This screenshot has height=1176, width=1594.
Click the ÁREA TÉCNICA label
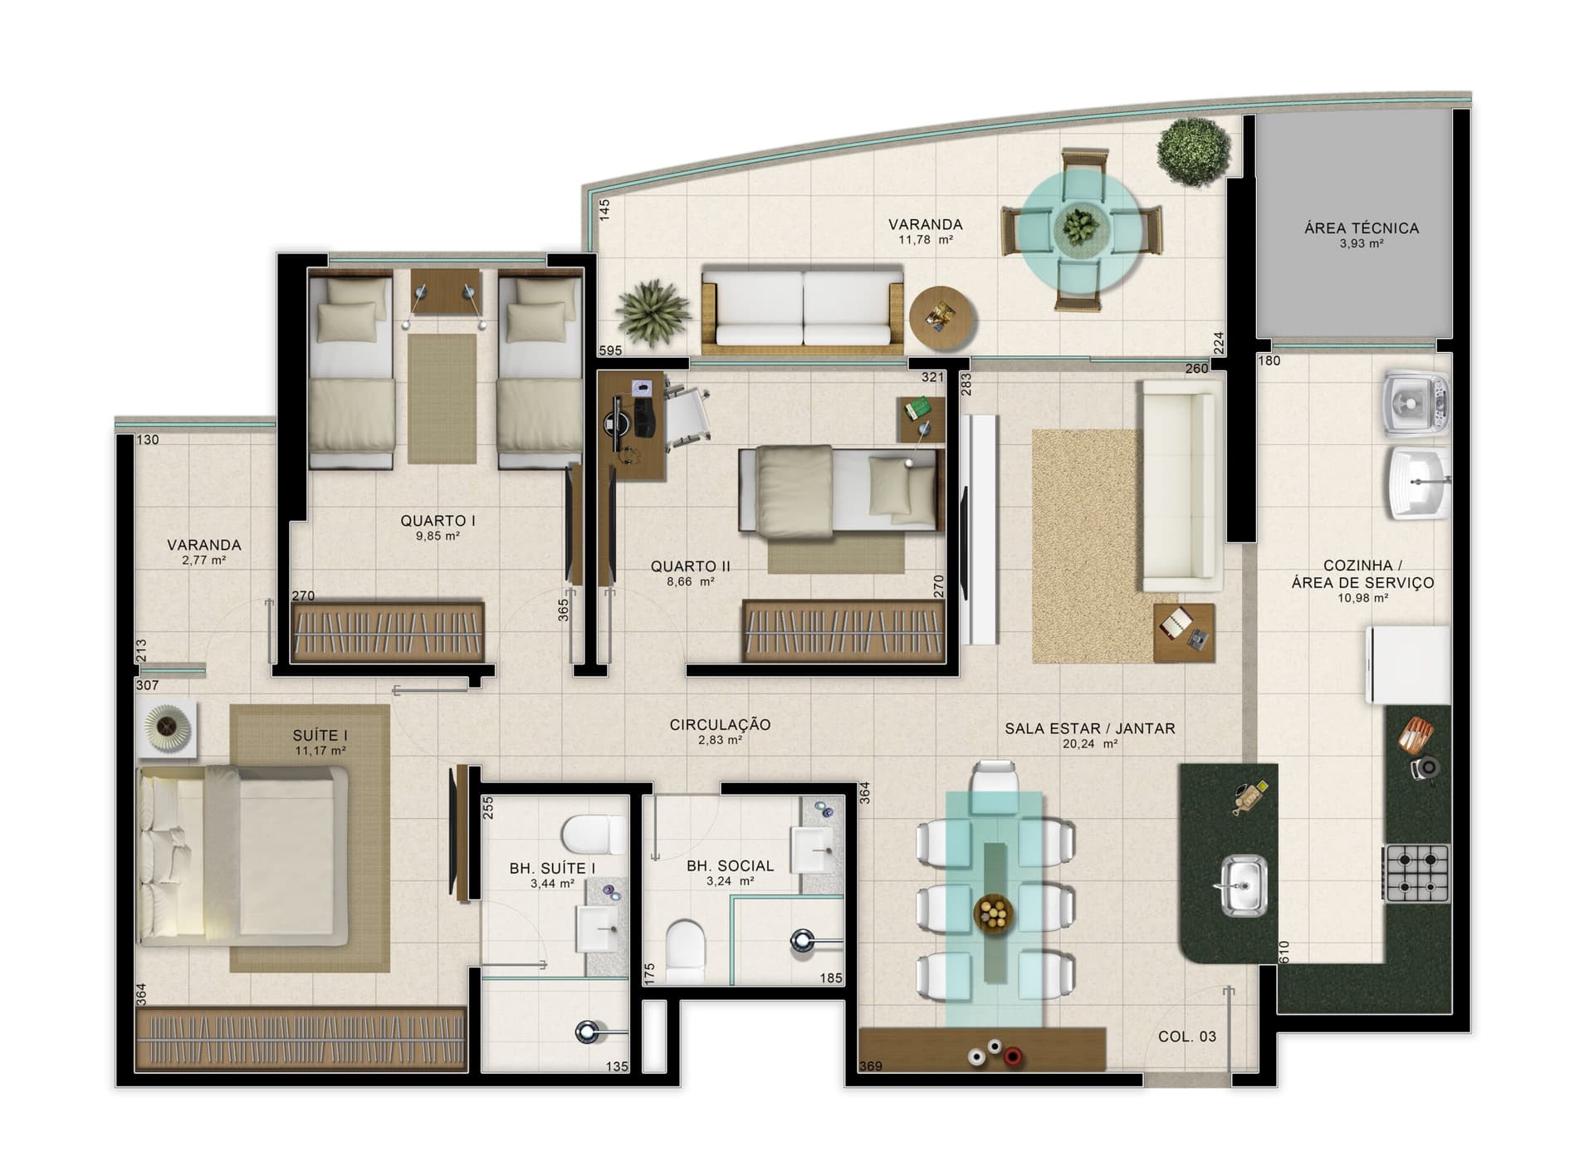point(1361,228)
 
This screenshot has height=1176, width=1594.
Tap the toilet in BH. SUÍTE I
point(594,834)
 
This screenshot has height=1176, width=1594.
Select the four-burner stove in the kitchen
point(1417,873)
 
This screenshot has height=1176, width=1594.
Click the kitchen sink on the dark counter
point(1243,885)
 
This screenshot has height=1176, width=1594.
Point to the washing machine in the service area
point(1416,404)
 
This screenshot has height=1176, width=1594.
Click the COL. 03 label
point(1186,1036)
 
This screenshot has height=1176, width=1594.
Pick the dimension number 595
point(610,350)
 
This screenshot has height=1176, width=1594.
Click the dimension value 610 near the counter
point(1284,950)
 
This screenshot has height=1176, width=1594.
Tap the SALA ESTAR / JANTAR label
point(1089,728)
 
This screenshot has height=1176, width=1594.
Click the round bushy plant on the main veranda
point(1193,152)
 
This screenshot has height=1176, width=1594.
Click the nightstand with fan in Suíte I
point(167,728)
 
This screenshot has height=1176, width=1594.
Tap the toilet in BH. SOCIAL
point(685,949)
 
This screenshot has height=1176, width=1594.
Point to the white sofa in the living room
point(1180,485)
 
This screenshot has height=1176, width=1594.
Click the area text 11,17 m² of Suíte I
point(320,751)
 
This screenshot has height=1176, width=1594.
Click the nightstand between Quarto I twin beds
point(446,292)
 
